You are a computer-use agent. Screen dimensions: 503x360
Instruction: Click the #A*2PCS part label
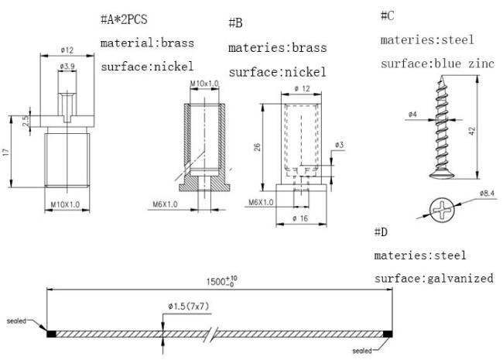click(x=124, y=19)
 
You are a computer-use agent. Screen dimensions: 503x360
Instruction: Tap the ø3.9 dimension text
click(x=67, y=67)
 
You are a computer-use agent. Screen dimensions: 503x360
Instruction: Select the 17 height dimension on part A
click(x=6, y=152)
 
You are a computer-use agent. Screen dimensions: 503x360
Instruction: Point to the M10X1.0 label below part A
click(x=66, y=204)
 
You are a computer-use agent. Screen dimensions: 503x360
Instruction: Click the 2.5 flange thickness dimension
click(x=26, y=121)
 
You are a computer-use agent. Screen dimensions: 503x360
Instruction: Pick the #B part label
click(x=236, y=23)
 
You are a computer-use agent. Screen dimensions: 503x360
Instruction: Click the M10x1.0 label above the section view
click(x=204, y=84)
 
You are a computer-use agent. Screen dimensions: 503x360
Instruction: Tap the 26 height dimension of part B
click(x=257, y=147)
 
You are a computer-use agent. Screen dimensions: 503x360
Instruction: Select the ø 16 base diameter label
click(x=300, y=219)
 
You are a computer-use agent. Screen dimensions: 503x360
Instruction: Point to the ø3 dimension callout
click(x=340, y=145)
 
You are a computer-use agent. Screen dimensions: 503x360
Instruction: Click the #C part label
click(x=388, y=15)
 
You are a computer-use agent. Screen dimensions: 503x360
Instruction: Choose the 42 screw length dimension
click(x=472, y=131)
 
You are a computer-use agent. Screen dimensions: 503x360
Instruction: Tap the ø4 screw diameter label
click(x=413, y=115)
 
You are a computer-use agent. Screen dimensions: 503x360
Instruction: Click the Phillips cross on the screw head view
click(x=442, y=210)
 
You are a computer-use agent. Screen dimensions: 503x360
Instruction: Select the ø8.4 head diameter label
click(x=487, y=193)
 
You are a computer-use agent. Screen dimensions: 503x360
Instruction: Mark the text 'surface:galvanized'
click(x=433, y=278)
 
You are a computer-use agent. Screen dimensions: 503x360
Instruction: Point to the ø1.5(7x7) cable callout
click(x=189, y=307)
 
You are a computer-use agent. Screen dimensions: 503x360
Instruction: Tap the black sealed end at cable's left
click(x=51, y=334)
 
